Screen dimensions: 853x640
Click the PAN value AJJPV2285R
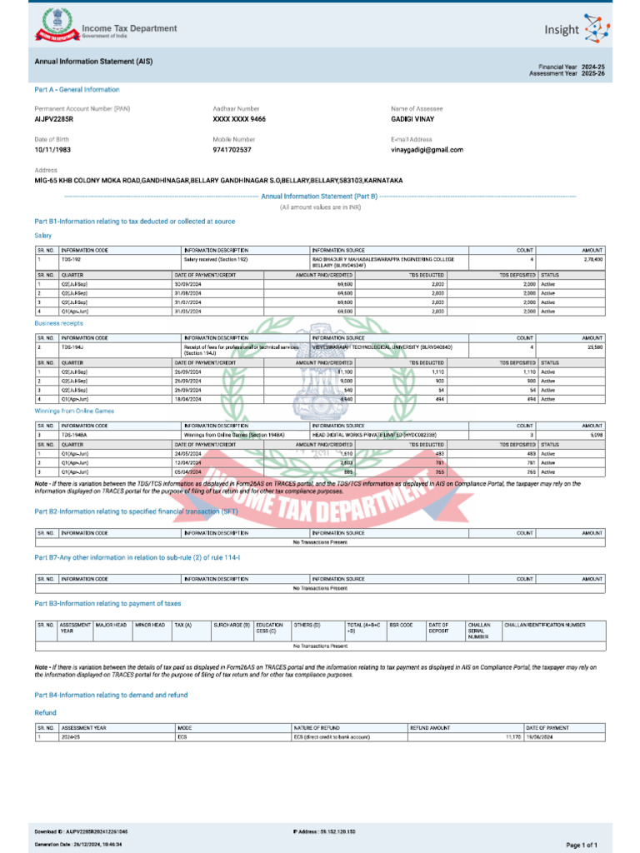(54, 119)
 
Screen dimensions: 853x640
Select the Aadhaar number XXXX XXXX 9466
(239, 119)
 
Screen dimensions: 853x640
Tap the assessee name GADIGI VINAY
(412, 119)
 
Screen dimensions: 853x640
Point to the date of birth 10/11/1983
(52, 150)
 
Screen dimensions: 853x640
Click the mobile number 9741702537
(232, 150)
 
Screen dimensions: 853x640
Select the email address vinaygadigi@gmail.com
(427, 150)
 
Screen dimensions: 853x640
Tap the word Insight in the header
(561, 30)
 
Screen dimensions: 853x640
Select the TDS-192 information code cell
(72, 259)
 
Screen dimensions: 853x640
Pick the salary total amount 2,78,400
(592, 259)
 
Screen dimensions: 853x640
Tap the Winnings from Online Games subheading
(74, 411)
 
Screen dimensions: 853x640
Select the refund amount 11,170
(512, 737)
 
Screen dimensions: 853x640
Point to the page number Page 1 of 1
(582, 845)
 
